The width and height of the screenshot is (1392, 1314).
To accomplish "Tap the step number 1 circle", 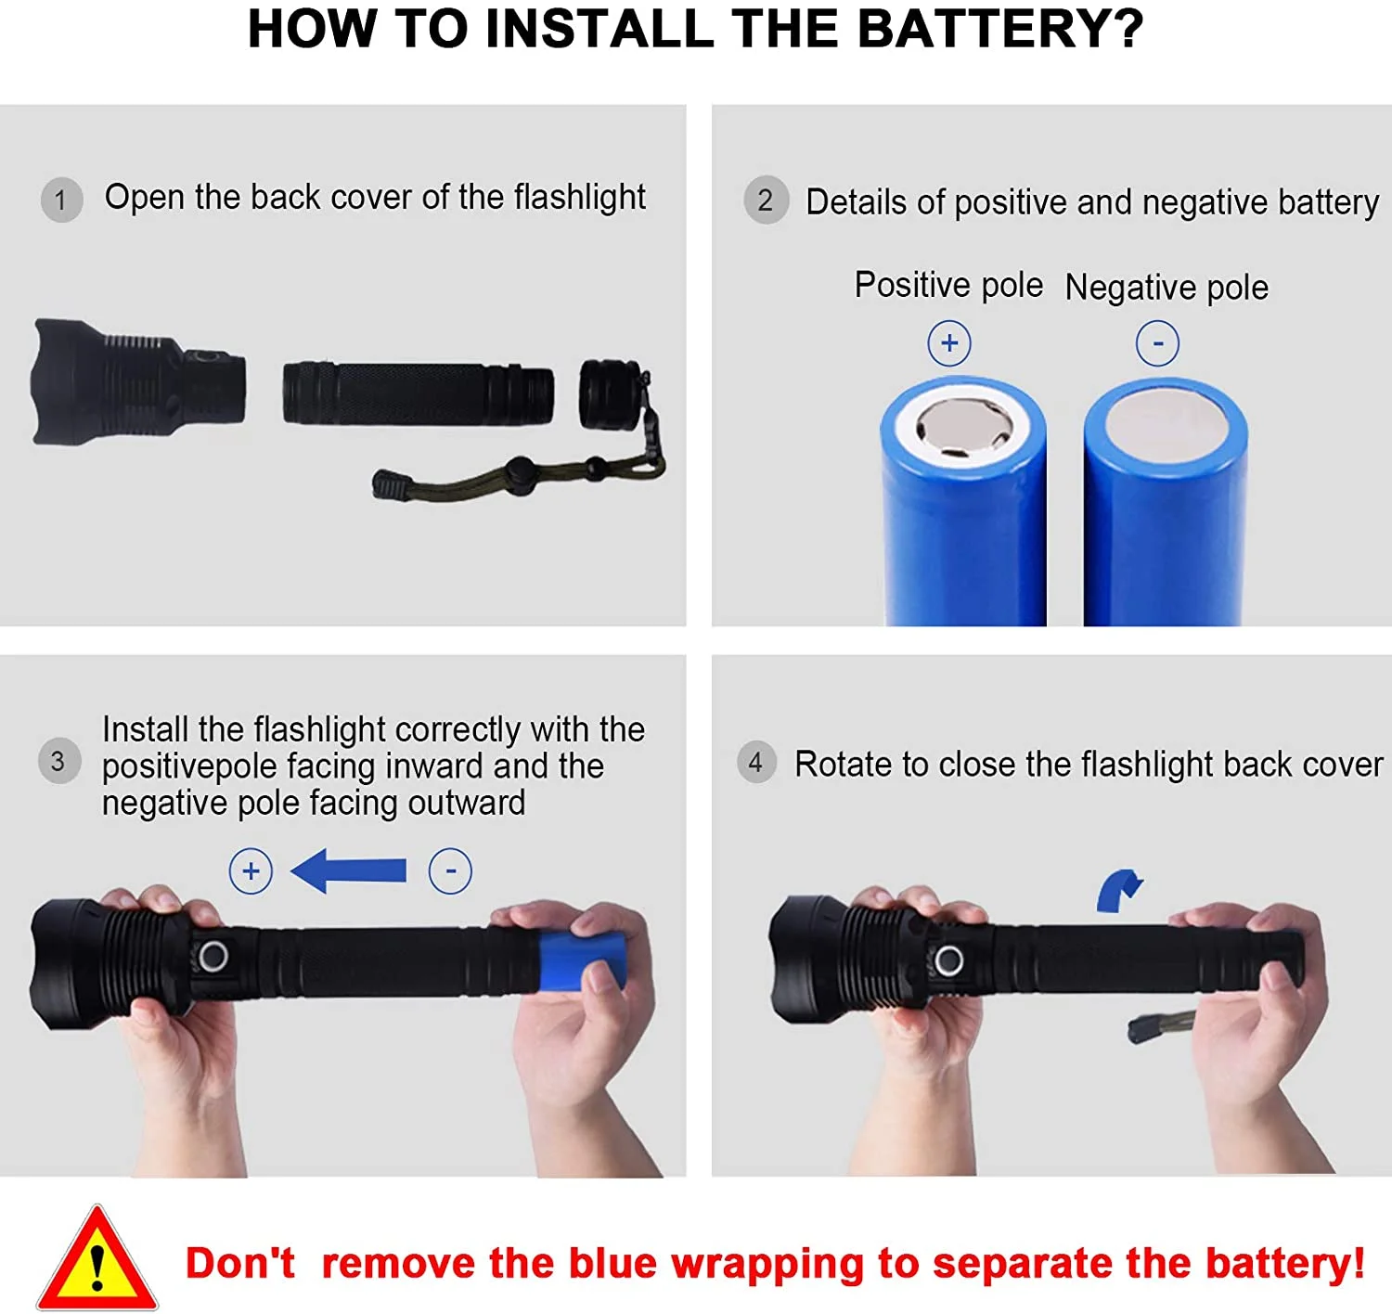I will pyautogui.click(x=61, y=200).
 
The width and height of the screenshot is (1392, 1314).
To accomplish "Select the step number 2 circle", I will pyautogui.click(x=766, y=200).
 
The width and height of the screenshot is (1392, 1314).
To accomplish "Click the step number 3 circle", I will pyautogui.click(x=58, y=761).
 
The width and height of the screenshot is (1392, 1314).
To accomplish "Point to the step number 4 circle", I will pyautogui.click(x=756, y=763).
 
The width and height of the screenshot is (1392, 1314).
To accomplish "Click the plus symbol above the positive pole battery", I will pyautogui.click(x=948, y=343).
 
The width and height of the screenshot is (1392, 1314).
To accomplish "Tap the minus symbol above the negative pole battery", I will pyautogui.click(x=1157, y=343).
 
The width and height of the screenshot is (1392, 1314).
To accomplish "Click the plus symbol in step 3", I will pyautogui.click(x=251, y=871).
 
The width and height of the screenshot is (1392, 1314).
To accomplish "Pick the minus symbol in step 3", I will pyautogui.click(x=450, y=871).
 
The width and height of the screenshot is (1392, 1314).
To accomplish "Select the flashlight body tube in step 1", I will pyautogui.click(x=418, y=394).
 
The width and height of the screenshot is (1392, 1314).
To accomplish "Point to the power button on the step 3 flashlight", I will pyautogui.click(x=213, y=955).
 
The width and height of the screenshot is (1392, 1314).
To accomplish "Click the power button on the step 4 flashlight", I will pyautogui.click(x=947, y=960).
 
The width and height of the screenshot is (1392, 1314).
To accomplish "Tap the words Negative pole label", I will pyautogui.click(x=1166, y=288).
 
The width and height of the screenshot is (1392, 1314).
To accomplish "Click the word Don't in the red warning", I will pyautogui.click(x=239, y=1263).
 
